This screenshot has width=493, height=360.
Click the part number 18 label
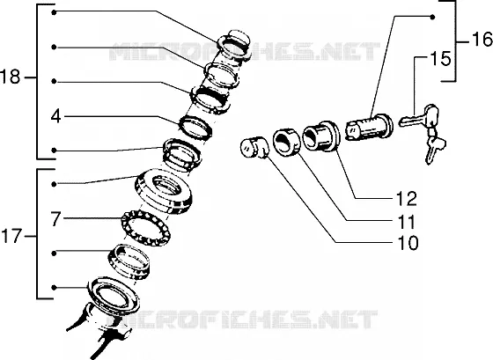pyautogui.click(x=10, y=77)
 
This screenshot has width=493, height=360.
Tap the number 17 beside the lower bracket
pyautogui.click(x=11, y=236)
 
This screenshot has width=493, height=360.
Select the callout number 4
pyautogui.click(x=56, y=116)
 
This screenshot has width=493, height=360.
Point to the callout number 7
pyautogui.click(x=55, y=219)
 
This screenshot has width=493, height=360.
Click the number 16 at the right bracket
pyautogui.click(x=482, y=40)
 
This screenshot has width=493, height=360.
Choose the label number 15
pyautogui.click(x=440, y=59)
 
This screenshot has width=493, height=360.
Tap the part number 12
pyautogui.click(x=407, y=199)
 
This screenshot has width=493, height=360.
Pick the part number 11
pyautogui.click(x=407, y=222)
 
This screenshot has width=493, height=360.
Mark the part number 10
pyautogui.click(x=408, y=243)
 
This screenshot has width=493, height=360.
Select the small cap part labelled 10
pyautogui.click(x=254, y=148)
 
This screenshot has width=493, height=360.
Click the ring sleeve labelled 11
pyautogui.click(x=286, y=142)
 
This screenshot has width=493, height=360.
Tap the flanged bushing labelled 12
pyautogui.click(x=321, y=136)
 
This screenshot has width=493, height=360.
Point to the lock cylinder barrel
pyautogui.click(x=369, y=128)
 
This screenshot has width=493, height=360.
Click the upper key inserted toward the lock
pyautogui.click(x=419, y=118)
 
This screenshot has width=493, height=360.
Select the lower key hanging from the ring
pyautogui.click(x=434, y=147)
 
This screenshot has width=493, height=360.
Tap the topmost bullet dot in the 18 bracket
pyautogui.click(x=54, y=12)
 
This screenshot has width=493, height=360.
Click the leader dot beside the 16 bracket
pyautogui.click(x=432, y=17)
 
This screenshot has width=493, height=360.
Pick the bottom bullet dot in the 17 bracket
pyautogui.click(x=54, y=287)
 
